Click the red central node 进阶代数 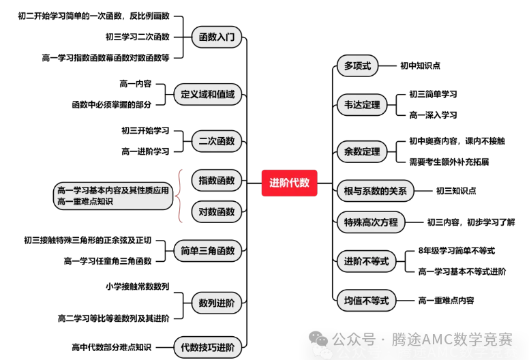[289, 183]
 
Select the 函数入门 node [217, 37]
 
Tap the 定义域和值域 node [207, 95]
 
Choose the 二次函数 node [217, 141]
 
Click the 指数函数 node [217, 181]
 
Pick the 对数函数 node [217, 212]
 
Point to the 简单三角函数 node [207, 251]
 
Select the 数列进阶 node [217, 303]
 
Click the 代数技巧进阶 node [207, 348]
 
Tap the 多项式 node [357, 65]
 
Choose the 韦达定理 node [362, 105]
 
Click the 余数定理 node [362, 152]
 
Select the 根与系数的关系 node [375, 191]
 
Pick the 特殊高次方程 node [371, 222]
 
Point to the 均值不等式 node [366, 300]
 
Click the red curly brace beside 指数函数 [180, 196]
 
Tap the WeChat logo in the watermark [318, 338]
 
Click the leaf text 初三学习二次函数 [137, 37]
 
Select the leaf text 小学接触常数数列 [137, 287]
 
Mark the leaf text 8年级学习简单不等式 [457, 251]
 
